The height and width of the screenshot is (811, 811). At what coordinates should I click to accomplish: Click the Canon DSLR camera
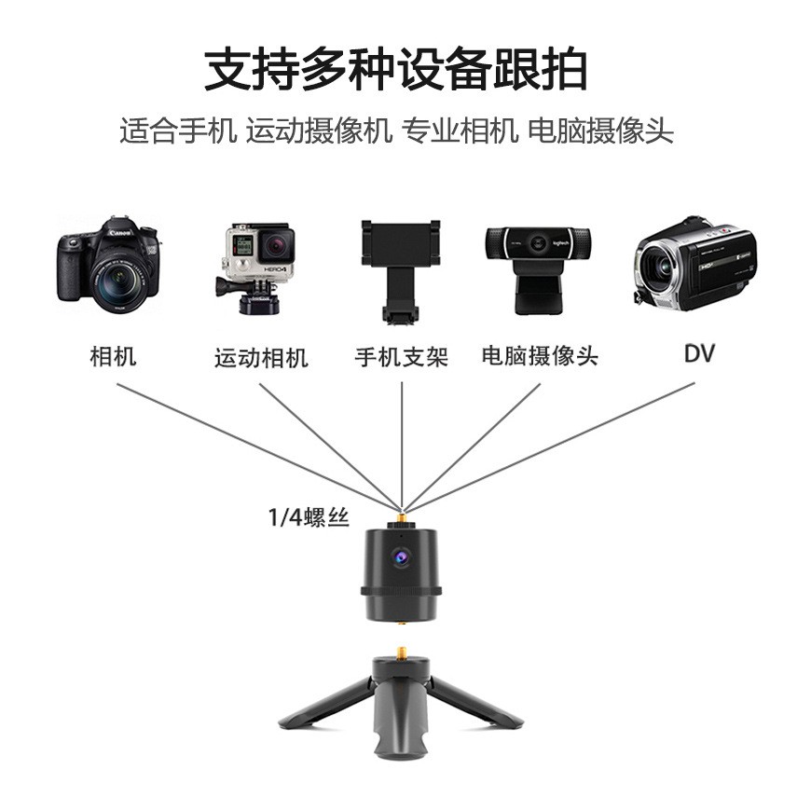(108, 265)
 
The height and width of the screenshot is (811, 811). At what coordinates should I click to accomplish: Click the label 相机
(113, 356)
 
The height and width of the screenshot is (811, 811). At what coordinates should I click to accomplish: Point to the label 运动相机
(261, 358)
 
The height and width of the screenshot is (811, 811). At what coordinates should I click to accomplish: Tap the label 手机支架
(402, 357)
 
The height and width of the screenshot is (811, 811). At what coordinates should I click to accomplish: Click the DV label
(699, 354)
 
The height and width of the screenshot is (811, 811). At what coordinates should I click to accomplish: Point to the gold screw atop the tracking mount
(402, 515)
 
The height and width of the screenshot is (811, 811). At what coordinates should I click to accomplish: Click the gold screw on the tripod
(402, 649)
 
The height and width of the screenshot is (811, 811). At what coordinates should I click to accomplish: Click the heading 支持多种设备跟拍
(395, 70)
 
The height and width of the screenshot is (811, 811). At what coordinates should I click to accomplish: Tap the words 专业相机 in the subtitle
(459, 131)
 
